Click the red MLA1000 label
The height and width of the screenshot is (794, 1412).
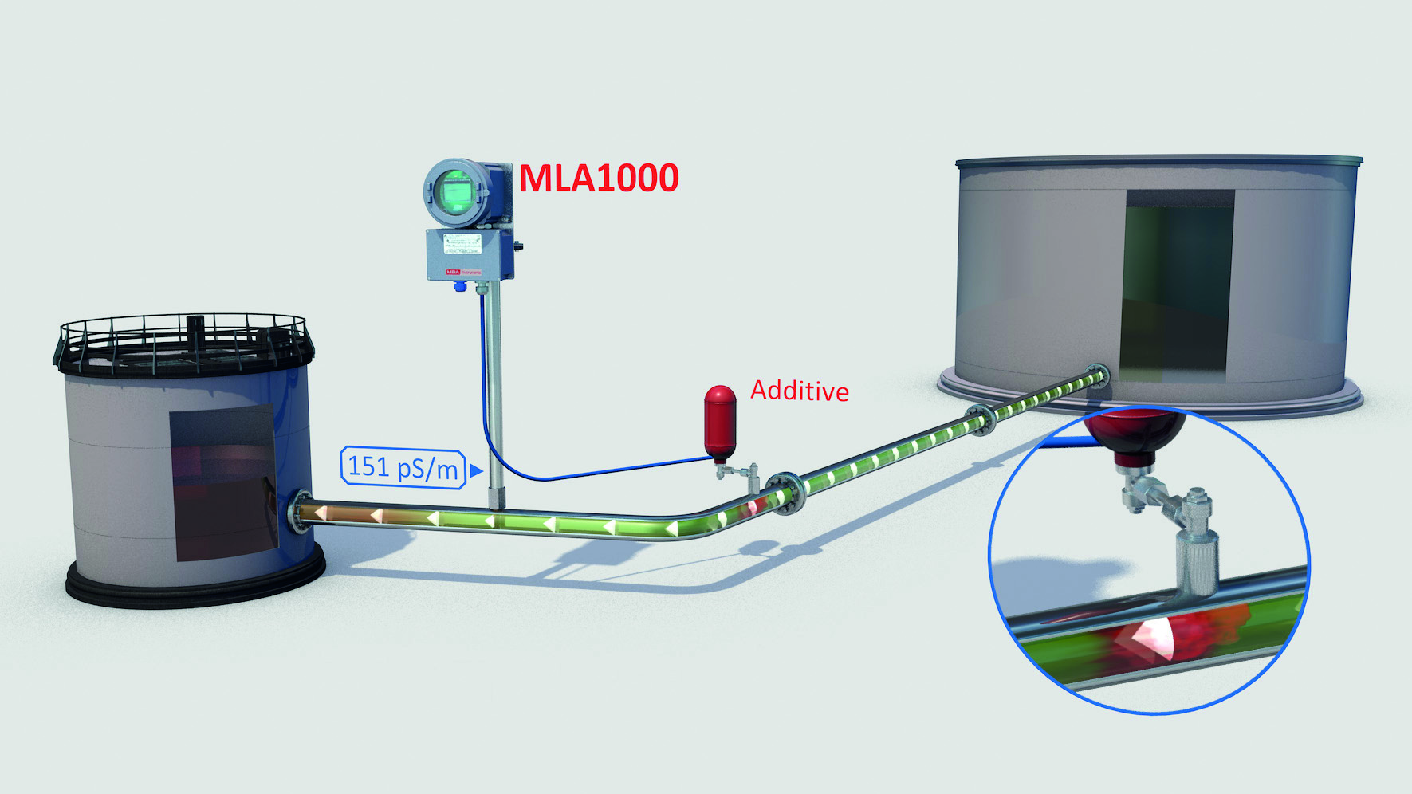click(599, 178)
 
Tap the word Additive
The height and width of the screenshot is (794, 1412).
click(799, 391)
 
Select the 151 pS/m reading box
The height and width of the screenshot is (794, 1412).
click(403, 467)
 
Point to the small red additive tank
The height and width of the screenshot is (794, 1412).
click(719, 421)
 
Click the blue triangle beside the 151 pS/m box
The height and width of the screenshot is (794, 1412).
click(476, 470)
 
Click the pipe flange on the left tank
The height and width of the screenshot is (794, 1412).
click(301, 511)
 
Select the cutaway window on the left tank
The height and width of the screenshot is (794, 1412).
click(224, 482)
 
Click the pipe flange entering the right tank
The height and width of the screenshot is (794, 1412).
click(1098, 375)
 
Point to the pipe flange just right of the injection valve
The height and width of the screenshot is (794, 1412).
click(785, 493)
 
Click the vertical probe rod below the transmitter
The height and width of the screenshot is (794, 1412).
click(496, 399)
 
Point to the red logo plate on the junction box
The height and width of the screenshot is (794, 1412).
click(454, 272)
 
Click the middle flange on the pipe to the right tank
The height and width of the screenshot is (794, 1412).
click(979, 419)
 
